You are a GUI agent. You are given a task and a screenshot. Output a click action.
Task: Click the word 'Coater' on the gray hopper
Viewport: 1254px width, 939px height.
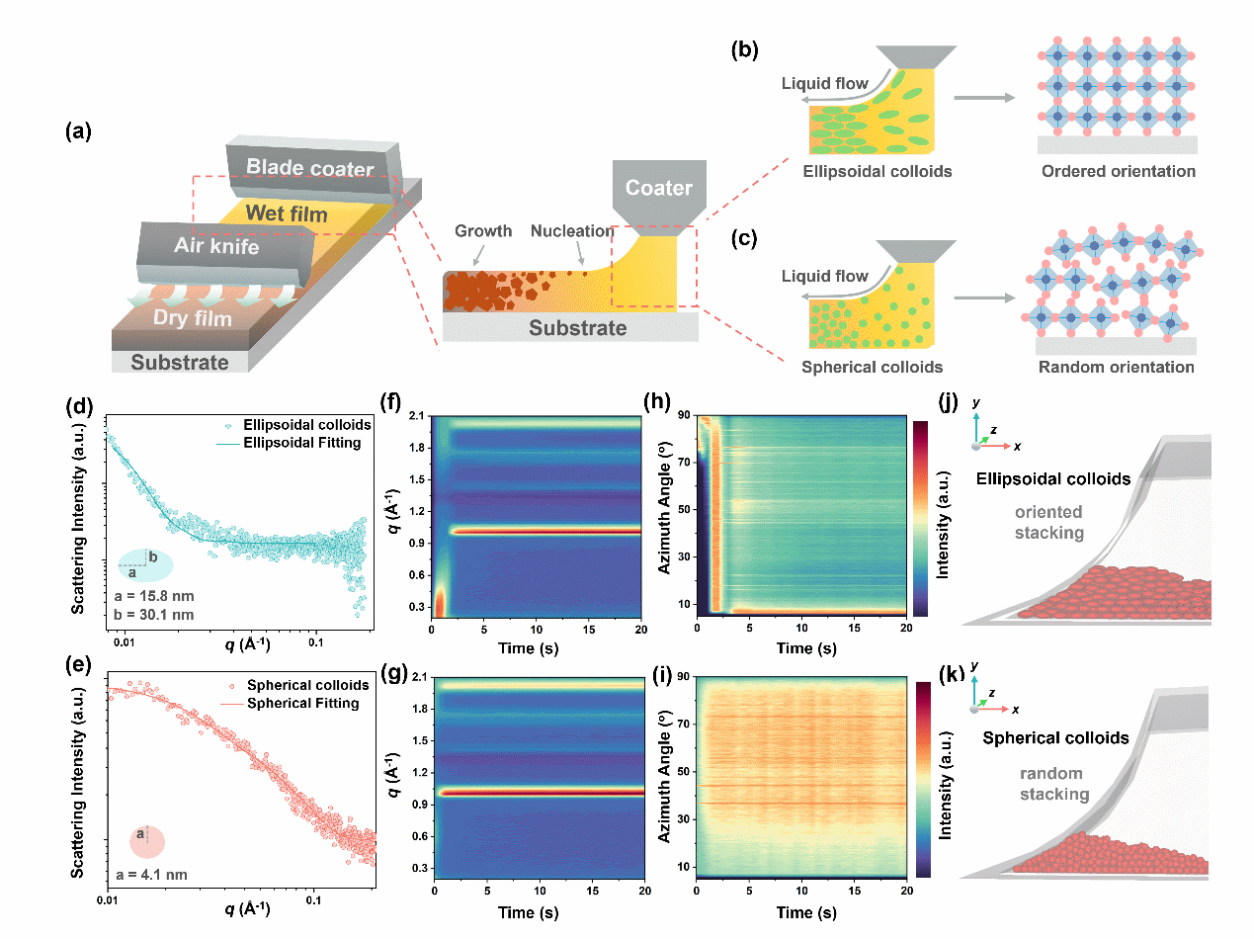click(659, 188)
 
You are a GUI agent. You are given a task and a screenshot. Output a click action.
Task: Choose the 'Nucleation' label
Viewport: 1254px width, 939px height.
click(572, 231)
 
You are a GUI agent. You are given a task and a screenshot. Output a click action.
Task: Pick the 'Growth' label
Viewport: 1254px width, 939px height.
click(483, 231)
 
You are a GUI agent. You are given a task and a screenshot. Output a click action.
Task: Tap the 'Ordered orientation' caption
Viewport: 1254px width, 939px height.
click(1118, 172)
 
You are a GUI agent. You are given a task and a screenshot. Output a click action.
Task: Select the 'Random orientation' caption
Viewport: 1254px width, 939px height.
click(1117, 367)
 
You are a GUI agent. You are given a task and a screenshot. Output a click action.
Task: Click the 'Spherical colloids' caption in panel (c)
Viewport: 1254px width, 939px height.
click(870, 367)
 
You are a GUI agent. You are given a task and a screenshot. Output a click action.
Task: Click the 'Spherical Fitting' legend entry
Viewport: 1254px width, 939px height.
click(302, 704)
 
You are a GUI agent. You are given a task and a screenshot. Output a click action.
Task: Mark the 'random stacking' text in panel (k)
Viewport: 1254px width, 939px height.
click(1048, 784)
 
